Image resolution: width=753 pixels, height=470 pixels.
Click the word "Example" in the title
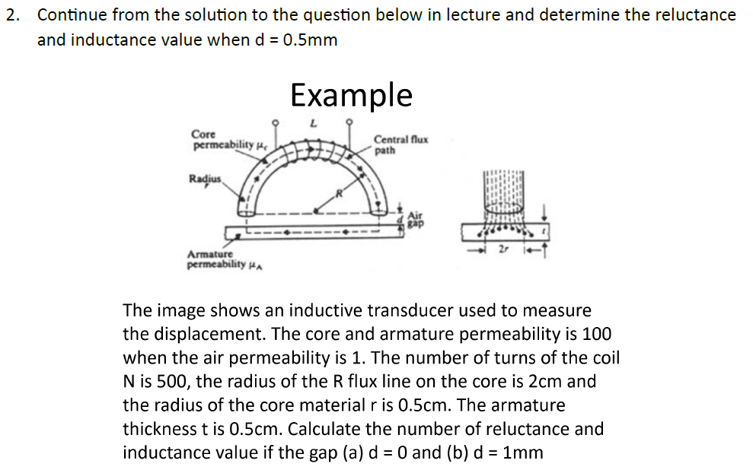[351, 95]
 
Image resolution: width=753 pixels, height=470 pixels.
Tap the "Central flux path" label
[400, 144]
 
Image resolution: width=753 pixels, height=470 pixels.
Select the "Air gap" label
[416, 219]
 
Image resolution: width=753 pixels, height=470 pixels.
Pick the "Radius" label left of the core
[203, 179]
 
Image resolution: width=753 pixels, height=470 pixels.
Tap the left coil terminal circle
[276, 122]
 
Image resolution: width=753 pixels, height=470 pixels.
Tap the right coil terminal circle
[349, 122]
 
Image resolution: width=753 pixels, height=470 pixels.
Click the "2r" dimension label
[503, 248]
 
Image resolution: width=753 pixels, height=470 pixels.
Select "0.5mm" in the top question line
[309, 40]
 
